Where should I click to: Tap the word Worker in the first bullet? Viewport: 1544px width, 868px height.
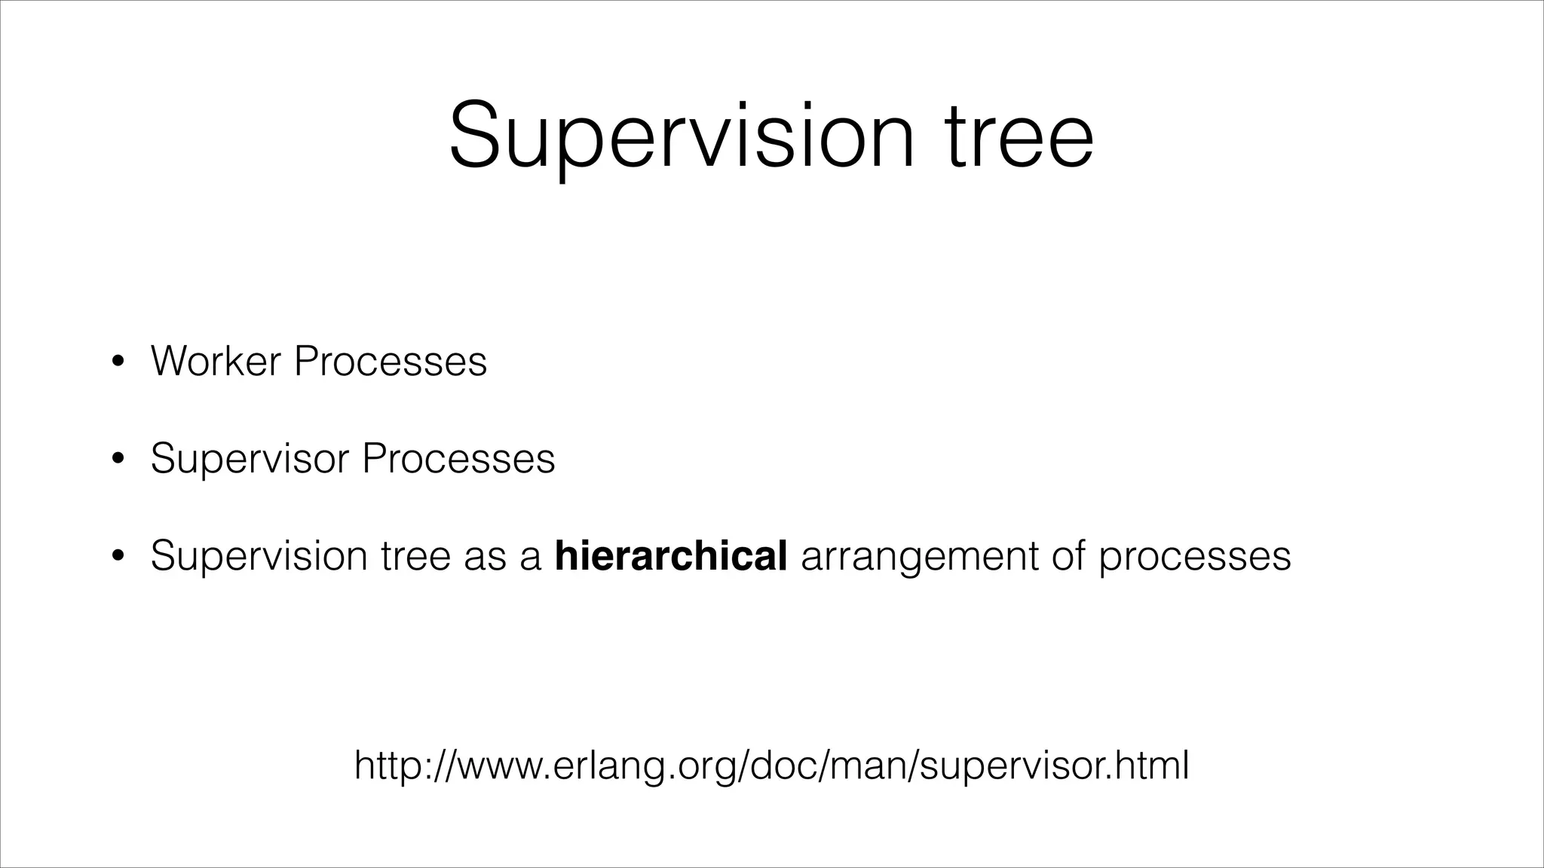click(x=216, y=361)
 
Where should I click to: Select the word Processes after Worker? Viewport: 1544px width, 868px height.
click(x=391, y=361)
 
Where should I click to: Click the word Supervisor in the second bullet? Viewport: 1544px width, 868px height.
click(x=250, y=458)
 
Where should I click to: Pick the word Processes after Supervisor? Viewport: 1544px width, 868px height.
click(x=458, y=458)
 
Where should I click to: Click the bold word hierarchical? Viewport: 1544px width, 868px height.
click(x=671, y=555)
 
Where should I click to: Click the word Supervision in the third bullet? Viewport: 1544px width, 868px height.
click(x=260, y=556)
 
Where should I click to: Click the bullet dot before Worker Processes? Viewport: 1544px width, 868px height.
click(x=117, y=362)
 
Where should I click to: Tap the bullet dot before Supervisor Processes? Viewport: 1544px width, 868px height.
click(x=117, y=459)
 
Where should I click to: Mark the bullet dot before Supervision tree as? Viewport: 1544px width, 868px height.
click(x=117, y=556)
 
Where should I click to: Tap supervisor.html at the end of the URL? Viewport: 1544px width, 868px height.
click(x=1055, y=766)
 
